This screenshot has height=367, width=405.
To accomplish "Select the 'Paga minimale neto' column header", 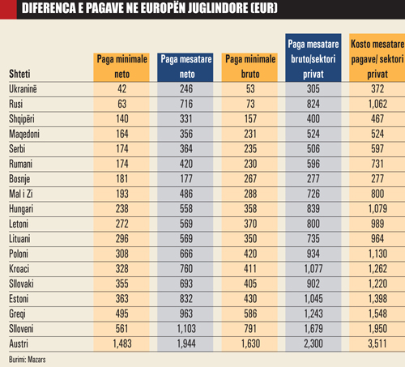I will coord(122,62).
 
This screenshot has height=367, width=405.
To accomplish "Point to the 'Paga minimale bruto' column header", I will coord(251,62).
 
